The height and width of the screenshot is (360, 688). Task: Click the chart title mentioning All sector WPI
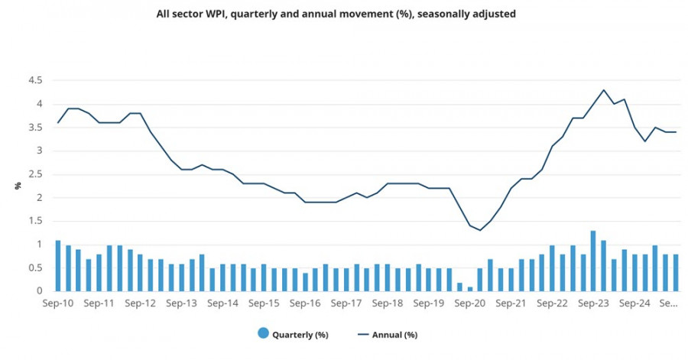point(336,13)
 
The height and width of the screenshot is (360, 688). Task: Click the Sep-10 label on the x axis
point(58,303)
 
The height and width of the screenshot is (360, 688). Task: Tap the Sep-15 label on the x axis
point(264,303)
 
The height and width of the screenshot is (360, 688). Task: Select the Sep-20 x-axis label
point(470,303)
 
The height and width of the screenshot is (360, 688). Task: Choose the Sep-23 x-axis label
point(593,303)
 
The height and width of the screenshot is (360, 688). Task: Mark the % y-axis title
point(17,186)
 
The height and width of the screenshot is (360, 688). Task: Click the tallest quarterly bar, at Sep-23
point(593,261)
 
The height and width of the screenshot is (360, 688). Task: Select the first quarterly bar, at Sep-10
point(58,266)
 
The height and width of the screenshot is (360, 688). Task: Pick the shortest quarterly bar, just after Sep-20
point(470,289)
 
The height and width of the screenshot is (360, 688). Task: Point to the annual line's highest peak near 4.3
point(604,90)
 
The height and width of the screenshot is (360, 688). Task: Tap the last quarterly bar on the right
point(676,273)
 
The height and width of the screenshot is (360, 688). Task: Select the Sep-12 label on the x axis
point(141,303)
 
